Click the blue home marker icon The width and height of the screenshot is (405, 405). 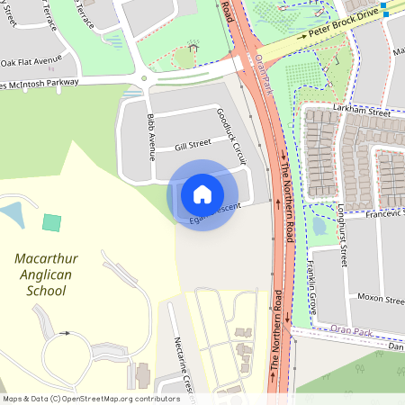pyautogui.click(x=202, y=194)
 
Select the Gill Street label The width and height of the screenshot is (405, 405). pyautogui.click(x=193, y=143)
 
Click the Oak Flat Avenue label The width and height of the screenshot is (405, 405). pyautogui.click(x=31, y=62)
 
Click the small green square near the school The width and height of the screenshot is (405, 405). pyautogui.click(x=52, y=222)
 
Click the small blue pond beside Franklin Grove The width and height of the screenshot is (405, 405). pyautogui.click(x=319, y=225)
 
